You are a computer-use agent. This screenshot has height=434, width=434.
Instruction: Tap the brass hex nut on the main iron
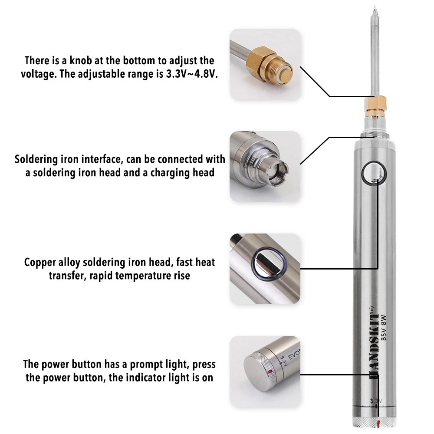[375, 103]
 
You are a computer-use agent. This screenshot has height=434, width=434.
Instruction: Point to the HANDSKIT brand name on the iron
[374, 343]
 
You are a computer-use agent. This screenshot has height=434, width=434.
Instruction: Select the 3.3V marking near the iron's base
[376, 401]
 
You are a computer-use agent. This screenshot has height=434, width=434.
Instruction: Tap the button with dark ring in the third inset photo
[269, 264]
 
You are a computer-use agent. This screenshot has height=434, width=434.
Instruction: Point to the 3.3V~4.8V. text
[192, 74]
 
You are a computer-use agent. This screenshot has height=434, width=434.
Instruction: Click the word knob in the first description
[81, 60]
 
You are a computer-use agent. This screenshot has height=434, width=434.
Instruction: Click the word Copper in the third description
[40, 263]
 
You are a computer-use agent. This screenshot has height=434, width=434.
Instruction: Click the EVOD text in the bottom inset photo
[295, 355]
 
